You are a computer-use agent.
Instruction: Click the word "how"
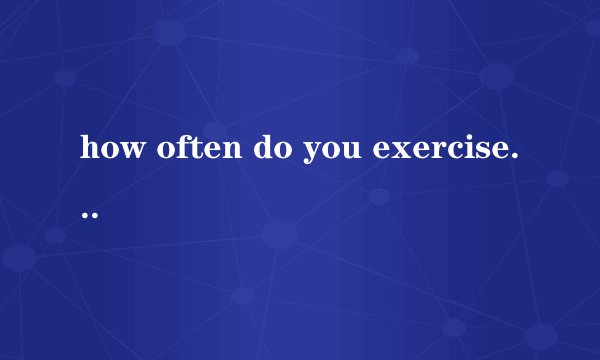coord(109,150)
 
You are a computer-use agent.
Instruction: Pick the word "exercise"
coord(435,150)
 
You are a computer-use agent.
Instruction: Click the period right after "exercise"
coord(513,158)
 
